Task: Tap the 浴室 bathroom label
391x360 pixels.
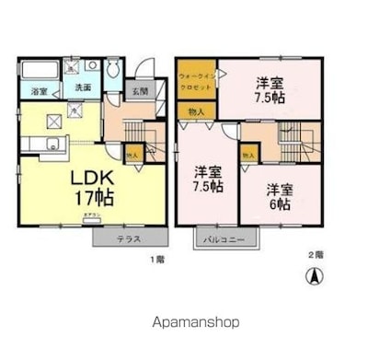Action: (x=38, y=91)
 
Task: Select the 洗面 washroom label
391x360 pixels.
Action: (x=82, y=87)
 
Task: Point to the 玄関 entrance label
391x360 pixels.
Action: (x=138, y=90)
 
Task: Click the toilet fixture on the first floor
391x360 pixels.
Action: (x=111, y=71)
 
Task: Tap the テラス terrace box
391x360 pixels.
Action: (x=128, y=237)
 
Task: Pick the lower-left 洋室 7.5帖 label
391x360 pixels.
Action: (x=208, y=178)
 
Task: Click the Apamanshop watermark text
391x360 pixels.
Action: (x=194, y=322)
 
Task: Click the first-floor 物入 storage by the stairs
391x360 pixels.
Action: (x=132, y=155)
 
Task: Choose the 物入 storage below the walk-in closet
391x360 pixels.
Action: (x=196, y=111)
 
